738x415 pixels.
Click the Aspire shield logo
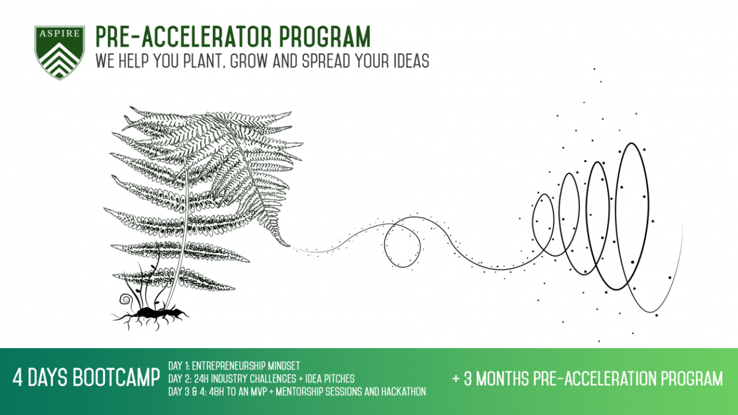59,52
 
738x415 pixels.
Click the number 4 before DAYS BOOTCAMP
18,379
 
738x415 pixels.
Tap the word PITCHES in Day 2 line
337,379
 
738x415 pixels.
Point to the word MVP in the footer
255,392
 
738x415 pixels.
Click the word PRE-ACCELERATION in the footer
593,379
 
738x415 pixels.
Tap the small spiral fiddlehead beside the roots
125,300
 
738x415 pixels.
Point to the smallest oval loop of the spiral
543,222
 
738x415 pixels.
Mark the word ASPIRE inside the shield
59,33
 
